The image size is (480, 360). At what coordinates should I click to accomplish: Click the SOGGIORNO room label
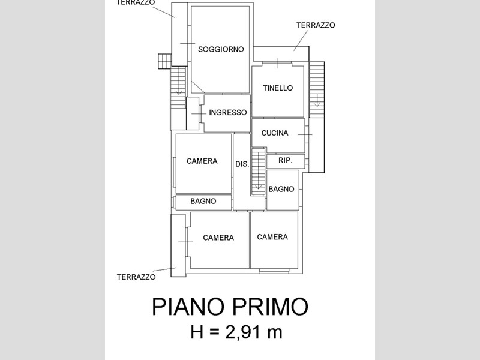221,49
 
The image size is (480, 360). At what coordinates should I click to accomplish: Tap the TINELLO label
278,88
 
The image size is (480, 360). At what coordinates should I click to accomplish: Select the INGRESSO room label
228,113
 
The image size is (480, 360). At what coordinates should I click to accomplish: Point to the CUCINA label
275,133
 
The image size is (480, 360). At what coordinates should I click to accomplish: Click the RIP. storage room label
286,160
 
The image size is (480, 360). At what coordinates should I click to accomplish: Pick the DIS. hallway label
242,164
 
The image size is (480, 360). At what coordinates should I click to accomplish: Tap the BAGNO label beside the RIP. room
281,189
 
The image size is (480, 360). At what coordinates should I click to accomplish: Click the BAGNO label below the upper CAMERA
203,201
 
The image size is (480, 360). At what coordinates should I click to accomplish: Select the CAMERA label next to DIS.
202,161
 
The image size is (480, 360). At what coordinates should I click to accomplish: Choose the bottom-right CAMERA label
272,237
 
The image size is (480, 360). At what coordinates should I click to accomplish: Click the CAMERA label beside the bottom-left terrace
218,238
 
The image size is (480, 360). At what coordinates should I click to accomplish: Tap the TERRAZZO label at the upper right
316,25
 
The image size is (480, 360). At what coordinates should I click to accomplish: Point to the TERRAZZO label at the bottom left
136,277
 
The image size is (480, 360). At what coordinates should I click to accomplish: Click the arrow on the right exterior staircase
317,100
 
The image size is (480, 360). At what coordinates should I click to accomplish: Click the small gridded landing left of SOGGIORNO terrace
164,61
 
